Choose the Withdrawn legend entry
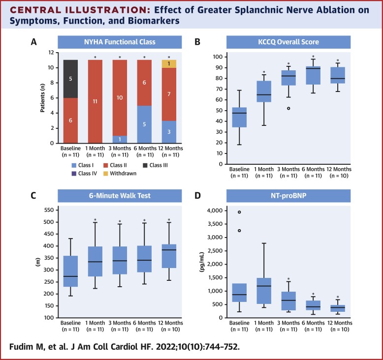tap(123, 173)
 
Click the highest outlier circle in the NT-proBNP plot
tap(226, 212)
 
